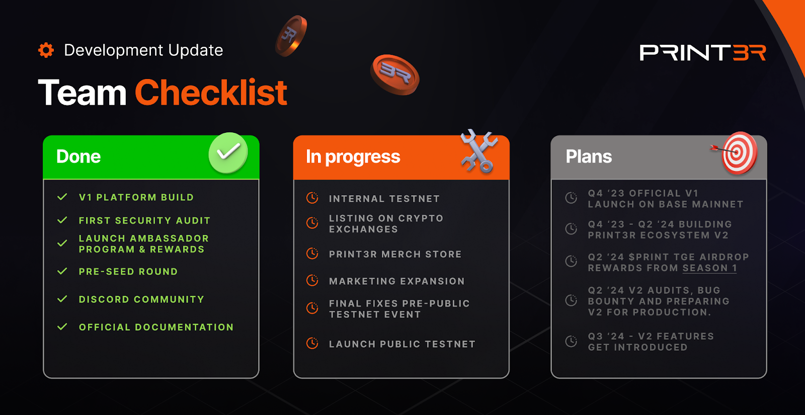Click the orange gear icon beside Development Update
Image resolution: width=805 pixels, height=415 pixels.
pos(46,50)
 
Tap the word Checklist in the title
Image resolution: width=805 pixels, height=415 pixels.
pos(211,93)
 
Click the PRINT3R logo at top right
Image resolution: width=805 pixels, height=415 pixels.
pos(702,53)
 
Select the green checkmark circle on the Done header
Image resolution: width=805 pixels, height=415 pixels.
pos(228,153)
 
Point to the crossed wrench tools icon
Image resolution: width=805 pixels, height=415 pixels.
pos(479,151)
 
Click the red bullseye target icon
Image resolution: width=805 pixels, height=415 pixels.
pos(736,153)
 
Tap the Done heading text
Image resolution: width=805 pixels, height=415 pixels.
pos(78,156)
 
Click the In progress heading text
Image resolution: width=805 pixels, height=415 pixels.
pos(353,157)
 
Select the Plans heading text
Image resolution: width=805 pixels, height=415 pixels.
pos(589,156)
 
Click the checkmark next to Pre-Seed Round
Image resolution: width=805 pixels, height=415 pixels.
pos(62,271)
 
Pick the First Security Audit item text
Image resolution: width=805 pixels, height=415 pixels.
pos(144,221)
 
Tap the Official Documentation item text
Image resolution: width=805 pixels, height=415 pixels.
pos(156,327)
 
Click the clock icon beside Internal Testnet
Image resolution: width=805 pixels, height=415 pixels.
pos(312,198)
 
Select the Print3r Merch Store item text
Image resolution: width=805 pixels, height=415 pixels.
pos(395,255)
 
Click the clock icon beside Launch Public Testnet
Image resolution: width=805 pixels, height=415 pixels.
pos(312,343)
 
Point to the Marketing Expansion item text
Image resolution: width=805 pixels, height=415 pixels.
pos(397,281)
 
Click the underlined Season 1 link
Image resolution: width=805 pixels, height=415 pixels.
pos(710,269)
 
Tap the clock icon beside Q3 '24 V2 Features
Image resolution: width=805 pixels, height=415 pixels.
pos(571,341)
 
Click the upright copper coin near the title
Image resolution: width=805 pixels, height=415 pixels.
pos(291,36)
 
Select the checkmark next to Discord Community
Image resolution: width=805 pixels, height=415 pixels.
pos(62,299)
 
